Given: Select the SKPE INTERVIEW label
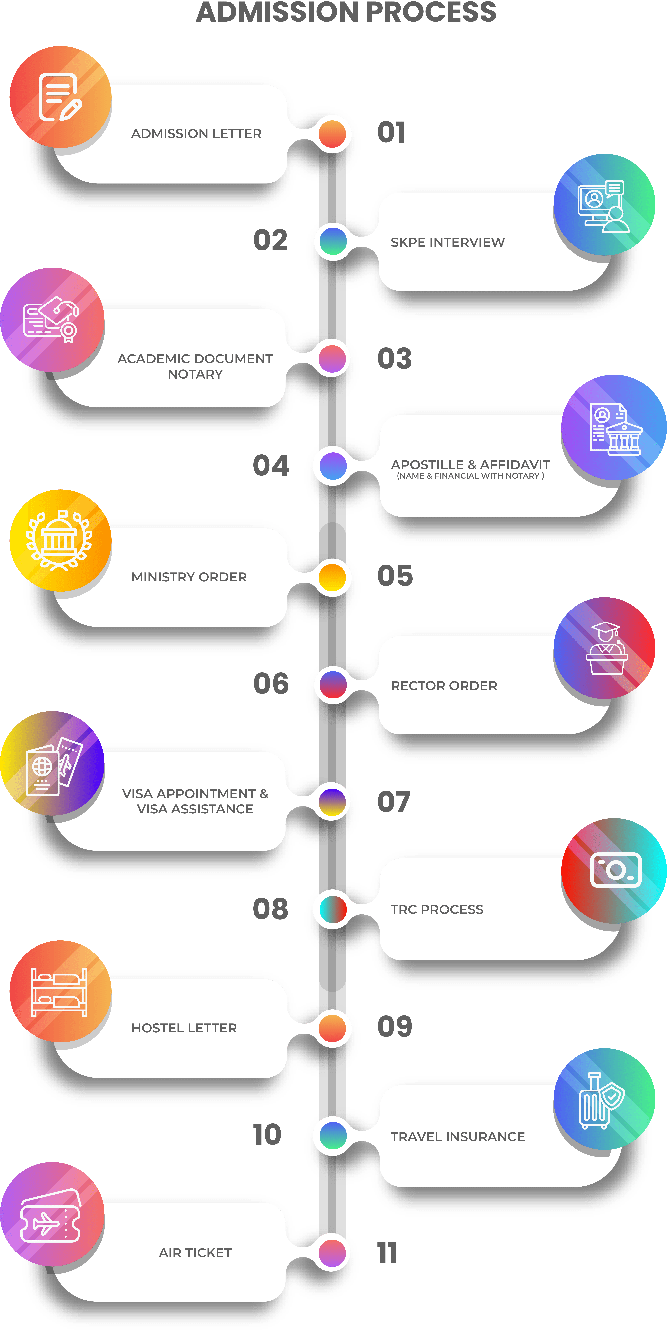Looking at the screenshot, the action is click(448, 242).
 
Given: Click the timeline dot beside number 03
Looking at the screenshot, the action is click(332, 359).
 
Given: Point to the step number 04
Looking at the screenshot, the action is click(271, 465).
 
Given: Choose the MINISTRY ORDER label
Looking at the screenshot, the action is click(189, 577).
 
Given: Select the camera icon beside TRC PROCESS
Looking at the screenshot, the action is click(616, 870).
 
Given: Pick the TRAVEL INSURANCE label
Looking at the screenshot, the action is click(458, 1136).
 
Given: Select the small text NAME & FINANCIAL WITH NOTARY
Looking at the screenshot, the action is click(470, 476).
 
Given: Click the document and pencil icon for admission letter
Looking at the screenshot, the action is click(59, 97).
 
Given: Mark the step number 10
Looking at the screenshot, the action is click(267, 1135).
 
